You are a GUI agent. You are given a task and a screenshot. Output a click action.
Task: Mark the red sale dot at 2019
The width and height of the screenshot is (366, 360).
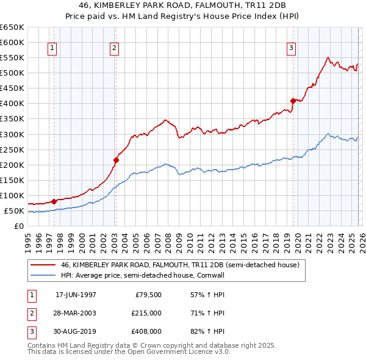pos(293,101)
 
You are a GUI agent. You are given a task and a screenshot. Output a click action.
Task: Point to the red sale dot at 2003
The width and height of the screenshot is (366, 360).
pos(116,160)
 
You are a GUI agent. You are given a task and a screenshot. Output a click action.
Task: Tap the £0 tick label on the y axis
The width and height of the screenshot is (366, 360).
pos(18,226)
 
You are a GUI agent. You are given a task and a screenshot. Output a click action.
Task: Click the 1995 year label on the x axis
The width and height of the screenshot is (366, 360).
pos(27,239)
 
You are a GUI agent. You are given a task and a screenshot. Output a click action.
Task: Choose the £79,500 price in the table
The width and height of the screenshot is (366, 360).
pos(148,295)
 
